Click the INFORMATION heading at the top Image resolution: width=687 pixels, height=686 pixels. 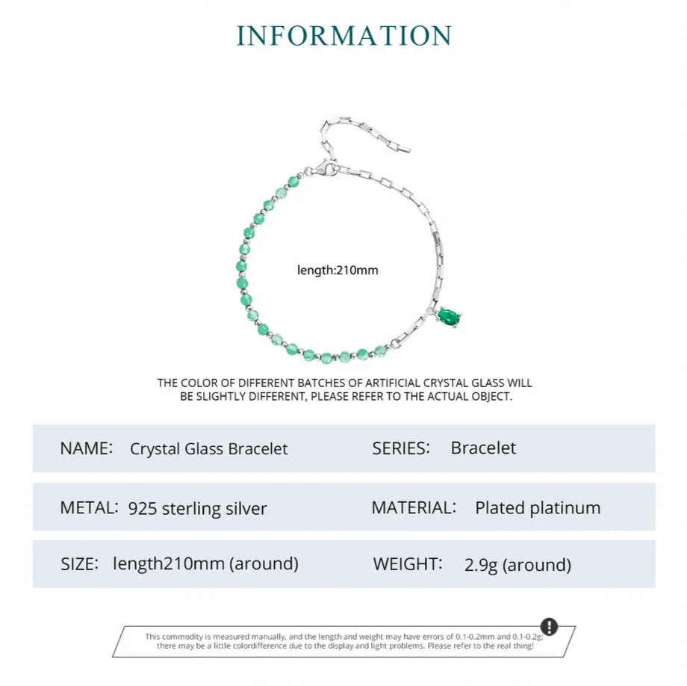pyautogui.click(x=344, y=36)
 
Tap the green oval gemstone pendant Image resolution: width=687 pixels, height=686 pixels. pyautogui.click(x=448, y=318)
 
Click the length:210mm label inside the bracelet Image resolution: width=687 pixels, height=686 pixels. pyautogui.click(x=338, y=270)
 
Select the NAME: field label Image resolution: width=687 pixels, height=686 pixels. pyautogui.click(x=86, y=448)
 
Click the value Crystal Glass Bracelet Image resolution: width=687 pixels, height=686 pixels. pyautogui.click(x=208, y=448)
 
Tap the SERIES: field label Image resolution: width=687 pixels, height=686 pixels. pyautogui.click(x=401, y=448)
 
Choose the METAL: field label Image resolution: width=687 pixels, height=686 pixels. pyautogui.click(x=89, y=507)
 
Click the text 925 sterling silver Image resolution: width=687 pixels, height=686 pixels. pyautogui.click(x=198, y=508)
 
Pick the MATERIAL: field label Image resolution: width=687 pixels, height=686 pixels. pyautogui.click(x=414, y=507)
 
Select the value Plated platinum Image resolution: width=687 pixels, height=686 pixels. pyautogui.click(x=538, y=507)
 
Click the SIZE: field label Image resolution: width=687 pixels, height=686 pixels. pyautogui.click(x=79, y=563)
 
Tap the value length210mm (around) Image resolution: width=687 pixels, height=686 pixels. pyautogui.click(x=205, y=563)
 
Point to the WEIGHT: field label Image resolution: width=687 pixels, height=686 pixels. pyautogui.click(x=408, y=563)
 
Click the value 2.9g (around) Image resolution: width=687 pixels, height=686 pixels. pyautogui.click(x=517, y=564)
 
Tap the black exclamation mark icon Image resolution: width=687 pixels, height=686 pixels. pyautogui.click(x=549, y=626)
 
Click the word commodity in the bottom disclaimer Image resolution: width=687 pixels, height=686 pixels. pyautogui.click(x=185, y=635)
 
